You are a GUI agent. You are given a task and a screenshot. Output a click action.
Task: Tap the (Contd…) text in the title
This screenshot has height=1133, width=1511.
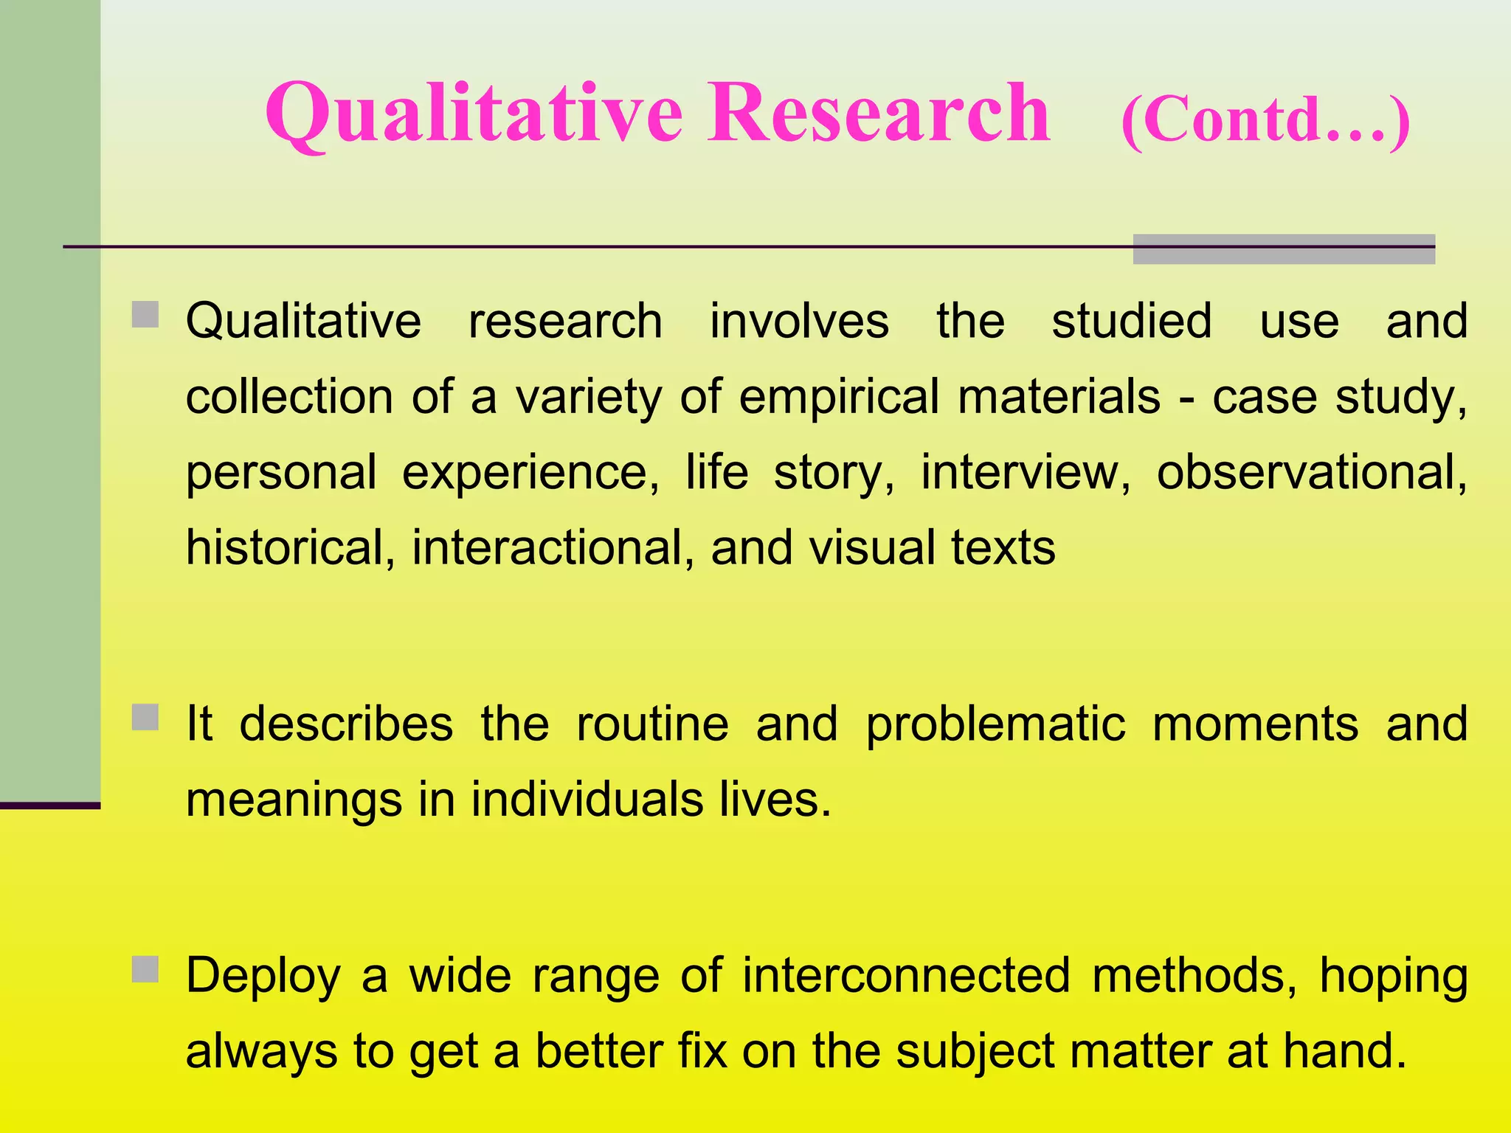coord(1265,120)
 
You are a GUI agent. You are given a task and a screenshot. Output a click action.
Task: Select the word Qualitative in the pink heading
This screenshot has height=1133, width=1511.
coord(474,114)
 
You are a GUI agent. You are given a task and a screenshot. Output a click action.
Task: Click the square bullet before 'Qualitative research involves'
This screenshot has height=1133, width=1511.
coord(145,314)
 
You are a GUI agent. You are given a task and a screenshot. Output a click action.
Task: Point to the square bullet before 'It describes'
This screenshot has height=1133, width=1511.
coord(145,717)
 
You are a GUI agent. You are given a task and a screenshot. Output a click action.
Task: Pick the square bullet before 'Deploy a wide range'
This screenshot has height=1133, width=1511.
coord(145,969)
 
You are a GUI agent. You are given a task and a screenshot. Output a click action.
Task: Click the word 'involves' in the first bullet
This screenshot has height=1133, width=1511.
coord(799,321)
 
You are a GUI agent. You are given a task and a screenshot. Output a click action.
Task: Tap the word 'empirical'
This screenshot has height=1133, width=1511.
coord(839,397)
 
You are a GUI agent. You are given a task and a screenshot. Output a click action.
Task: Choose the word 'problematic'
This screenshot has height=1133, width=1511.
coord(995,724)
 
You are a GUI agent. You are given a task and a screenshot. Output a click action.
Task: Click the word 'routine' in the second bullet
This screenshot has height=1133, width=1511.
coord(652,724)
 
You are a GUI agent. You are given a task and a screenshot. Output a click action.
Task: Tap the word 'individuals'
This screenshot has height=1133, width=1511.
coord(587,800)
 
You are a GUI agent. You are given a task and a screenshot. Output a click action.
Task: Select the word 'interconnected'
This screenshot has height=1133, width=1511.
coord(906,976)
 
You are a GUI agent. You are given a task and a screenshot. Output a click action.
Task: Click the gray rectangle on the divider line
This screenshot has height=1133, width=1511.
coord(1283,249)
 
